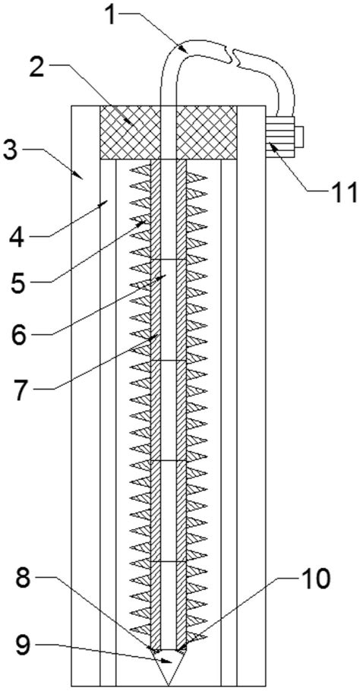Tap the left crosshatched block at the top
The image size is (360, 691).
tap(130, 132)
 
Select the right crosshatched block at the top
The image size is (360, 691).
tap(207, 132)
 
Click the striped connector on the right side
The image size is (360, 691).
tap(279, 137)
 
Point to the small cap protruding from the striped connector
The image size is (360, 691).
tap(298, 137)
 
